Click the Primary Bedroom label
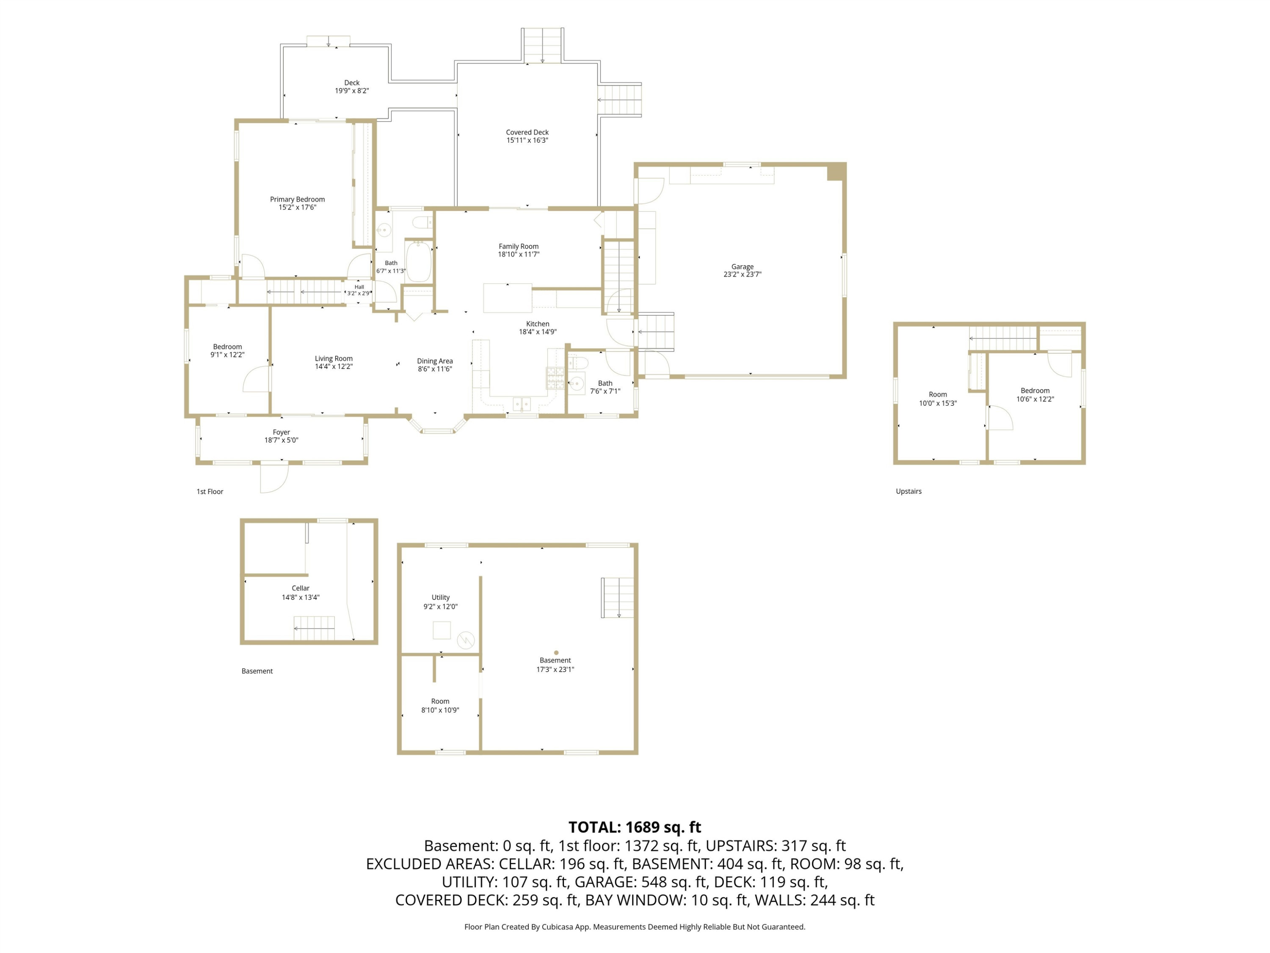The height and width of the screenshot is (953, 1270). [x=298, y=199]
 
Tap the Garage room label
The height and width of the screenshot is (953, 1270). [x=743, y=266]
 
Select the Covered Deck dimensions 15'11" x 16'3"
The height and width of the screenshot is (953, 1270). [x=527, y=140]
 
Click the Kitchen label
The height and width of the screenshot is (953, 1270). [x=538, y=324]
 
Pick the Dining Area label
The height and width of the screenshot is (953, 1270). [x=435, y=361]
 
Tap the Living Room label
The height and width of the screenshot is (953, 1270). [x=334, y=358]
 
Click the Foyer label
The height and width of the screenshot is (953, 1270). [x=282, y=432]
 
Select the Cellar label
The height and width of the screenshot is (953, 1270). [x=300, y=588]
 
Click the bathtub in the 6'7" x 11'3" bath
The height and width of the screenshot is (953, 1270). [x=419, y=261]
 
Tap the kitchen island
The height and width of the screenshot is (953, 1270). [x=508, y=298]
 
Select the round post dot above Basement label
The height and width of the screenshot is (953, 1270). [x=556, y=653]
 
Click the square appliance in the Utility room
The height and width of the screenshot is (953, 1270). [x=442, y=630]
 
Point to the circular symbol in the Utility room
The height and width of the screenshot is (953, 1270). [x=466, y=640]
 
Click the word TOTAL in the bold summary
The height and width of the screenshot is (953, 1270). [x=593, y=827]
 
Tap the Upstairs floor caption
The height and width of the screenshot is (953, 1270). [x=909, y=492]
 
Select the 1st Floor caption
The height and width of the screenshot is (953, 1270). [x=210, y=492]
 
